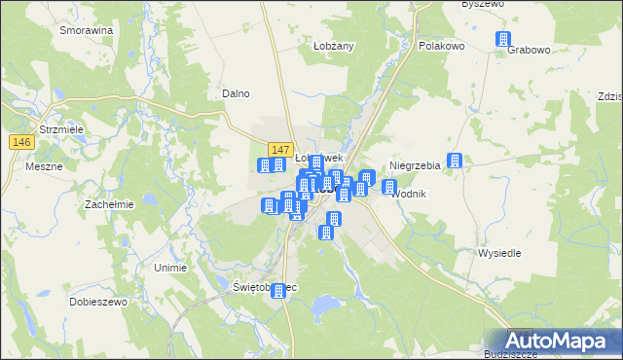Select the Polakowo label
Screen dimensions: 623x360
(441, 46)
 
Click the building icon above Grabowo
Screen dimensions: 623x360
(503, 39)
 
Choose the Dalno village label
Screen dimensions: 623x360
(237, 93)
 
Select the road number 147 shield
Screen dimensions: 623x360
(279, 149)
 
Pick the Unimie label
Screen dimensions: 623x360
(170, 267)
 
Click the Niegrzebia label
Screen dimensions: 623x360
(415, 165)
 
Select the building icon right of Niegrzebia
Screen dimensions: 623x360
(455, 161)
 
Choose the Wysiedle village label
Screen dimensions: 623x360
(499, 253)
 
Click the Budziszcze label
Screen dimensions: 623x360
(511, 355)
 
